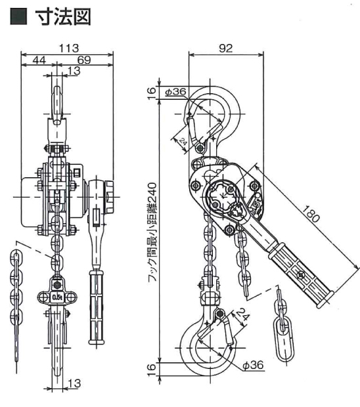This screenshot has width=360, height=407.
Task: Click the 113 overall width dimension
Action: coord(69,48)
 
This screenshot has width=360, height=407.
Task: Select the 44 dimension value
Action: coord(39,60)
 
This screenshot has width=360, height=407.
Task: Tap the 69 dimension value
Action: coord(84,60)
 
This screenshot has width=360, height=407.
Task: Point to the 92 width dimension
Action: coord(226,48)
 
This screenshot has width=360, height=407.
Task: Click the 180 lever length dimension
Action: coord(310,213)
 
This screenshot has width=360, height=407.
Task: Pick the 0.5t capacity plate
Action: coord(57,297)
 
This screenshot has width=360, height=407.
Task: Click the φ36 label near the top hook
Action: coord(175,92)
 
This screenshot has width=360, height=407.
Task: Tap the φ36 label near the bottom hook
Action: coord(253,365)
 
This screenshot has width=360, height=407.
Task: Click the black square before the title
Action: coord(18,16)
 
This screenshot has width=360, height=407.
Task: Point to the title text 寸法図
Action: coord(63,16)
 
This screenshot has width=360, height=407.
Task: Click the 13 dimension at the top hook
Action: coord(74,71)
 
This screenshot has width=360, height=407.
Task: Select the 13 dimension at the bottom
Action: coord(74,383)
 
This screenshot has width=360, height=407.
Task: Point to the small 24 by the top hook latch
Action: coord(183,141)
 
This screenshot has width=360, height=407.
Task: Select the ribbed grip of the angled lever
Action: coord(301,274)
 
